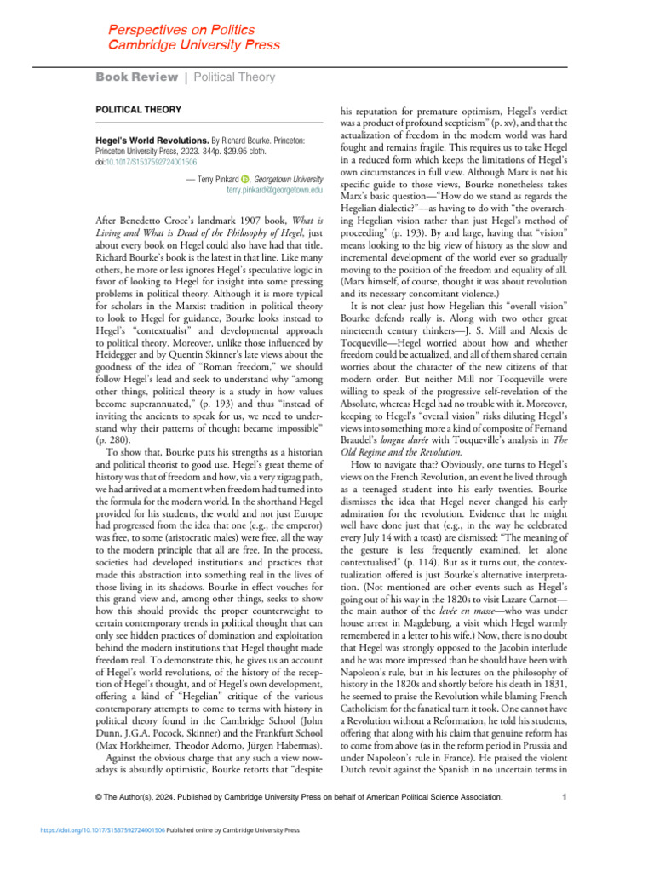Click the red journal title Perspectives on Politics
(x=176, y=29)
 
